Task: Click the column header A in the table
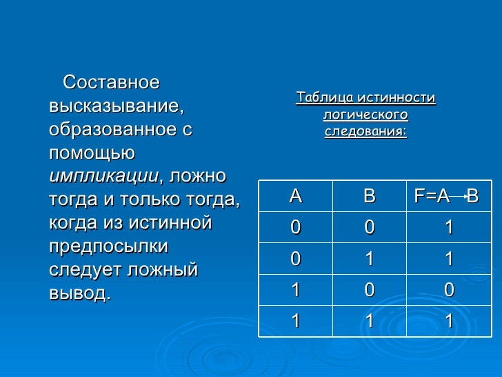pyautogui.click(x=296, y=196)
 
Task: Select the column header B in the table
pyautogui.click(x=370, y=196)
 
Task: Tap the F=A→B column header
pyautogui.click(x=446, y=196)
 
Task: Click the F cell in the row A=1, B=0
pyautogui.click(x=449, y=291)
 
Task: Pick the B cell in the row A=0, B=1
pyautogui.click(x=370, y=260)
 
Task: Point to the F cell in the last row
pyautogui.click(x=449, y=322)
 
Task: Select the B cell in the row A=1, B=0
pyautogui.click(x=370, y=291)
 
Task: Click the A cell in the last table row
pyautogui.click(x=296, y=322)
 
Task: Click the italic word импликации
pyautogui.click(x=104, y=175)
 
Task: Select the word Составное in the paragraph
pyautogui.click(x=111, y=83)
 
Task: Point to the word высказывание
pyautogui.click(x=117, y=106)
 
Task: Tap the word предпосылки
pyautogui.click(x=109, y=246)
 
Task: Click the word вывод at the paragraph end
pyautogui.click(x=79, y=293)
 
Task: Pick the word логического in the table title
pyautogui.click(x=365, y=115)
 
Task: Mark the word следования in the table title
pyautogui.click(x=365, y=131)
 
